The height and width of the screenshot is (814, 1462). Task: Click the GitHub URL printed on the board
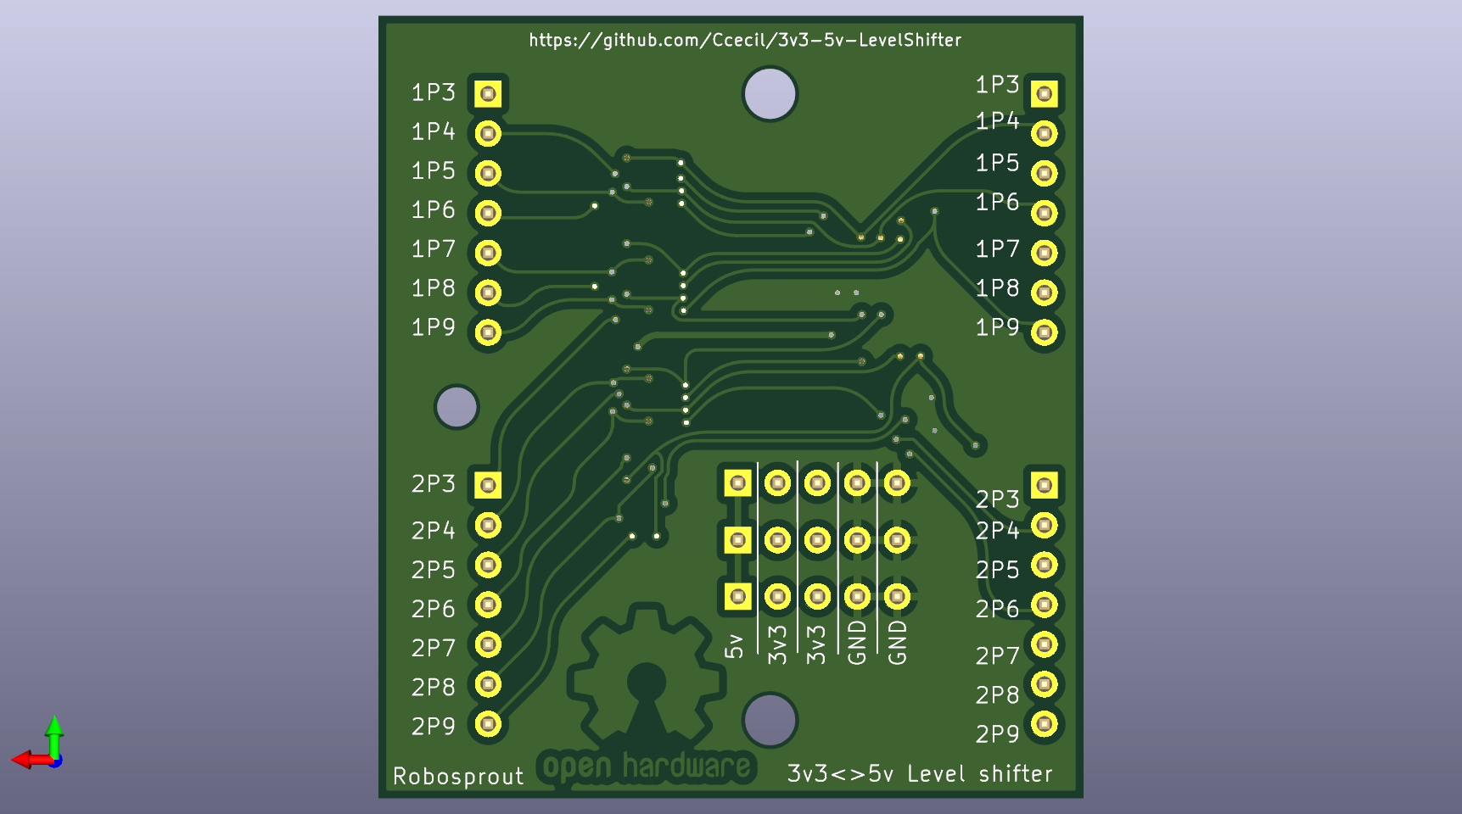click(x=745, y=40)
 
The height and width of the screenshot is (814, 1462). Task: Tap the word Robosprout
click(x=458, y=776)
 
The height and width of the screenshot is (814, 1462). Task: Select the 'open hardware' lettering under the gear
click(x=647, y=767)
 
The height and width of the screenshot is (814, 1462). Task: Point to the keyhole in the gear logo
click(x=647, y=691)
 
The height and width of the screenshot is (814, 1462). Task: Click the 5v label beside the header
click(x=734, y=646)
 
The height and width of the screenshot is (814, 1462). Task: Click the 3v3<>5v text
click(x=840, y=773)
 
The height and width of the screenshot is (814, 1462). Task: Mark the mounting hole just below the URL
click(x=770, y=93)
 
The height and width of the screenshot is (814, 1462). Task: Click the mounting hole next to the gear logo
click(x=770, y=720)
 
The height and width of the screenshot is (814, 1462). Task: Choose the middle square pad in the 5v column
click(x=737, y=540)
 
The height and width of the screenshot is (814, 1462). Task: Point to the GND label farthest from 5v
click(x=897, y=643)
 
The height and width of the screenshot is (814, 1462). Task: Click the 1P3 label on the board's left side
click(x=433, y=92)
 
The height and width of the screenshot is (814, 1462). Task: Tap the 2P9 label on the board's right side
click(x=997, y=733)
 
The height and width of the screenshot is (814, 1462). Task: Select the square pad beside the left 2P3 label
click(x=488, y=485)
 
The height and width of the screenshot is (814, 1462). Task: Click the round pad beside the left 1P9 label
click(x=488, y=332)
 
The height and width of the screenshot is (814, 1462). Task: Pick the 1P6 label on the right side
click(x=997, y=202)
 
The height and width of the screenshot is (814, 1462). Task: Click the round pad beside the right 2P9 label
click(x=1045, y=724)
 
